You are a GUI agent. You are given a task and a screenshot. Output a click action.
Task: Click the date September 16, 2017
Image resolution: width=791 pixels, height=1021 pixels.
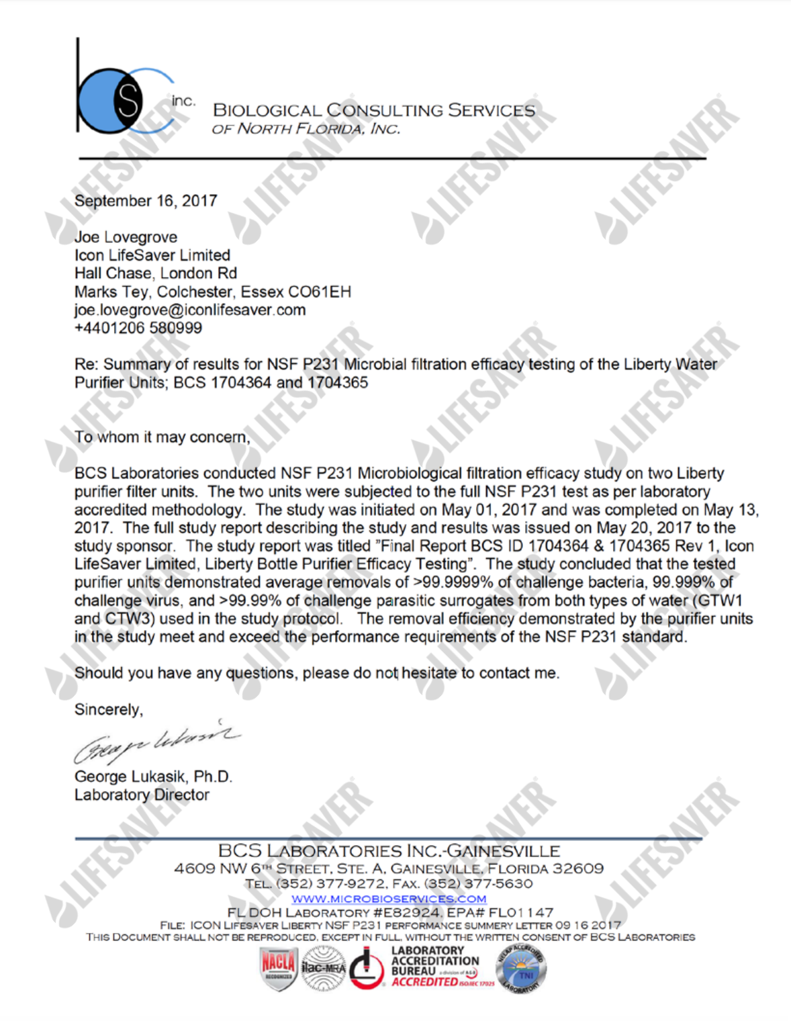click(146, 201)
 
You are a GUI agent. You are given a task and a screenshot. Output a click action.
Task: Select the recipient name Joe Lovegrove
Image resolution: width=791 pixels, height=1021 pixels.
click(126, 237)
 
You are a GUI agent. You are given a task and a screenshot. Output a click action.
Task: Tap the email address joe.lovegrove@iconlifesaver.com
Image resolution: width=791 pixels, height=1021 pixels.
click(190, 310)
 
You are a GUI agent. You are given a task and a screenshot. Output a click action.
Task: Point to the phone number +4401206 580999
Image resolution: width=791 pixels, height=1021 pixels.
click(138, 328)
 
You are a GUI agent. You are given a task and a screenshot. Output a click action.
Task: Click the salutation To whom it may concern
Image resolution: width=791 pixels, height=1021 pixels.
click(162, 437)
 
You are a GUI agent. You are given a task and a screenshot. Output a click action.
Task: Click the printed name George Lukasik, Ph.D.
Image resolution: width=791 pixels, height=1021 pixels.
click(153, 776)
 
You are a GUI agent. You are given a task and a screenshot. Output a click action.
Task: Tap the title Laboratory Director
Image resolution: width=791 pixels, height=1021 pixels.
click(142, 795)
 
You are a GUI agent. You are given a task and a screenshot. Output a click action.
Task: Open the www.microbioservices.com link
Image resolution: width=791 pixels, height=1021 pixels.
click(389, 899)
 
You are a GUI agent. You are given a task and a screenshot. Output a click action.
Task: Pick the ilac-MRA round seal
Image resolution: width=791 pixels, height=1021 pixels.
click(324, 968)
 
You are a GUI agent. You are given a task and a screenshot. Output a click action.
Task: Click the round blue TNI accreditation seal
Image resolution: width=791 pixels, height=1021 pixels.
click(521, 969)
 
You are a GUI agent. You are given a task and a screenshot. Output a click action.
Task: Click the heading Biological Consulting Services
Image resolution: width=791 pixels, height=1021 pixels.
click(374, 110)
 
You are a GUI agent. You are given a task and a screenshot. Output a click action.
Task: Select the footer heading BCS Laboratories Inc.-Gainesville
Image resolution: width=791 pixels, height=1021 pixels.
click(389, 852)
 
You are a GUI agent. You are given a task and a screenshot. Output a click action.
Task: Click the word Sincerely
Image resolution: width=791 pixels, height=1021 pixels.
click(108, 709)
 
